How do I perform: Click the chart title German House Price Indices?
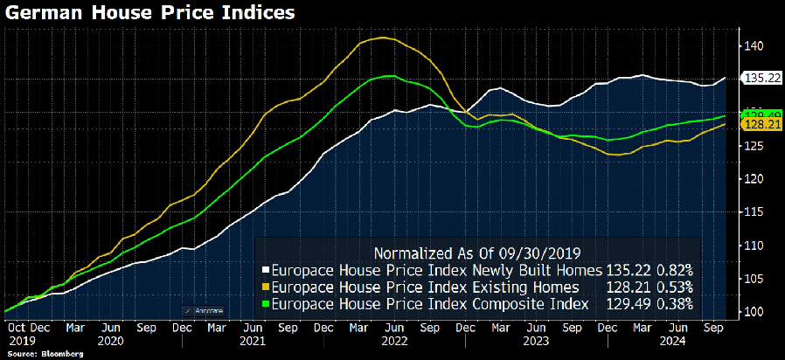point(149,13)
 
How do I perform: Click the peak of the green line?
point(390,75)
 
